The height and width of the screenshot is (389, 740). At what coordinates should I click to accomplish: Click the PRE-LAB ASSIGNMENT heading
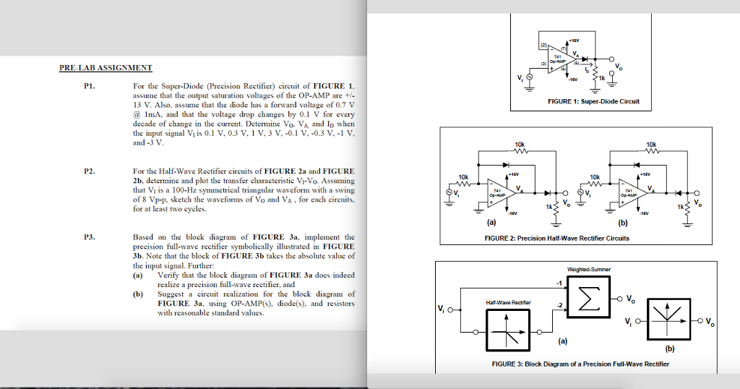(106, 68)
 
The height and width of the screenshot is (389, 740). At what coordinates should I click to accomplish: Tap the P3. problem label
(89, 237)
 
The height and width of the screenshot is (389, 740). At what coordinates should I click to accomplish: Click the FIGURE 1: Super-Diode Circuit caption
(592, 101)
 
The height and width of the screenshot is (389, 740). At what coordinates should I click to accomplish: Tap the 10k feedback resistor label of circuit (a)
(520, 145)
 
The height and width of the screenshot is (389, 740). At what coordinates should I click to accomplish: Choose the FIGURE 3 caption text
(577, 364)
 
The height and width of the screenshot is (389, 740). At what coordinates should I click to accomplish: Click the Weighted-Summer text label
(588, 269)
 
